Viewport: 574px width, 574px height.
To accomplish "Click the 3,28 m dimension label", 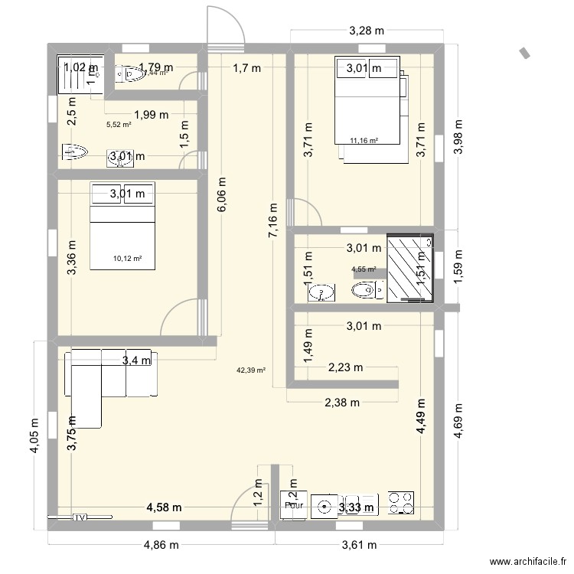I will point(366,31).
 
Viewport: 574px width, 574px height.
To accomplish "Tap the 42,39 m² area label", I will point(251,370).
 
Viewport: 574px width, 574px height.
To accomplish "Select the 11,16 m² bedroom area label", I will point(364,140).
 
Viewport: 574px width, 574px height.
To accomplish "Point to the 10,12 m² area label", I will point(127,259).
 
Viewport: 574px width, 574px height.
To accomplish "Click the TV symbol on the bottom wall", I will point(80,517).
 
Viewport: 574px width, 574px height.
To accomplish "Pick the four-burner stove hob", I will point(402,501).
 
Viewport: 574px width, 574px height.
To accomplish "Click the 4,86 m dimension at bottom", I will point(161,545).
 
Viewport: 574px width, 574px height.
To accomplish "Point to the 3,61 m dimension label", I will point(358,545).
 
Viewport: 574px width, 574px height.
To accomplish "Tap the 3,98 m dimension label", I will point(458,137).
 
